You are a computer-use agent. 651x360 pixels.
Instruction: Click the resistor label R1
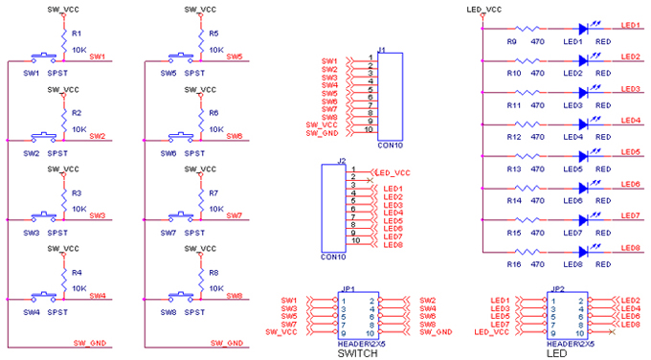click(78, 34)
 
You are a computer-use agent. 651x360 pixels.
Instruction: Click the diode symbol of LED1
click(582, 30)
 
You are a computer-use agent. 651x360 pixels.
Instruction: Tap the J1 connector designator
click(382, 49)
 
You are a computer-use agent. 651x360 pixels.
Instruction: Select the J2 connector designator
click(341, 161)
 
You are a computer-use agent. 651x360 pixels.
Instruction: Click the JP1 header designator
click(348, 288)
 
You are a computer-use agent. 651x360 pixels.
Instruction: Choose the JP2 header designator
click(558, 288)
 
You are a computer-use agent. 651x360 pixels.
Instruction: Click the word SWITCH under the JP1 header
click(357, 353)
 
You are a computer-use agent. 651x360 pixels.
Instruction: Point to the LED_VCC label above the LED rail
click(483, 9)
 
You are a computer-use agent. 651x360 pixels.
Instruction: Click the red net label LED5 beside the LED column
click(630, 152)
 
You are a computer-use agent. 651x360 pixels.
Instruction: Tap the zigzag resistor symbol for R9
click(526, 30)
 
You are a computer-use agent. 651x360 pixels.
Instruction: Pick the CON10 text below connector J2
click(333, 258)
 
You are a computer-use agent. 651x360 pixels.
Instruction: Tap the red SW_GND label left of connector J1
click(322, 132)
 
